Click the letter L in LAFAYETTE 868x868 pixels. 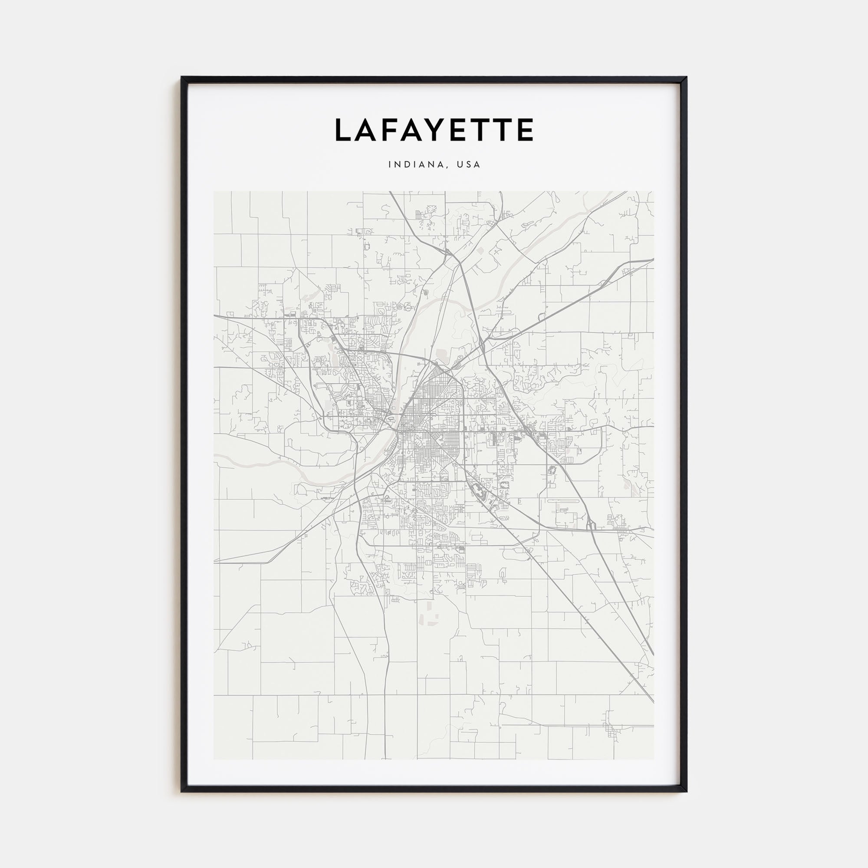point(344,130)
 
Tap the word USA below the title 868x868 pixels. point(468,165)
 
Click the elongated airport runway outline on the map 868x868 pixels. point(564,501)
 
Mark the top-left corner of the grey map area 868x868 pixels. point(214,192)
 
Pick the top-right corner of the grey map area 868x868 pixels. point(654,192)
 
